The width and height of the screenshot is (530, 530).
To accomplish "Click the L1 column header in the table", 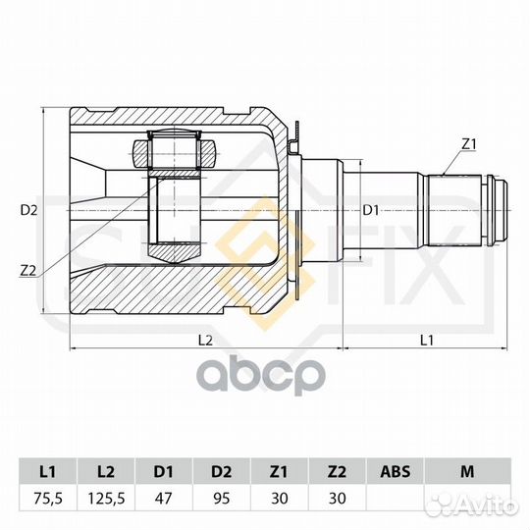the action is [x=48, y=471].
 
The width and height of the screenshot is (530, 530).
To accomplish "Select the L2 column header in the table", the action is [x=106, y=471].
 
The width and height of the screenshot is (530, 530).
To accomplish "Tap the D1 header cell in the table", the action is [x=164, y=471].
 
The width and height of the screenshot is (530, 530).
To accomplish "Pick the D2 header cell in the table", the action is [x=222, y=471].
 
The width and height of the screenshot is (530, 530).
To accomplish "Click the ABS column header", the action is [x=395, y=471].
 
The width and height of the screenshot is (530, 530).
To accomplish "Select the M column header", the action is [x=467, y=471].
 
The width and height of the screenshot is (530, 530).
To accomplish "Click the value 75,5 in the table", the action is [x=48, y=499].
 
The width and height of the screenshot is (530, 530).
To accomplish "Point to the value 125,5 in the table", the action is [x=106, y=499].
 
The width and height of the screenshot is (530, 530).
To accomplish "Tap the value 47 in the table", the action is [x=164, y=499].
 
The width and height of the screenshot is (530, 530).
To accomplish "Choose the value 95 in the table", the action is [x=222, y=499].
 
